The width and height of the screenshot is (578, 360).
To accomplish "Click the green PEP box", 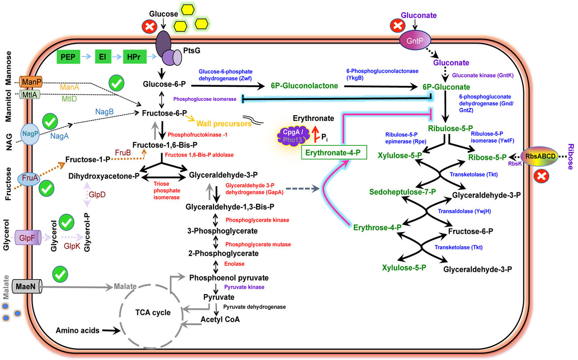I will tap(69, 57).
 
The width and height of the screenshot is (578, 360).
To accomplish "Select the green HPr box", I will tap(134, 57).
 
